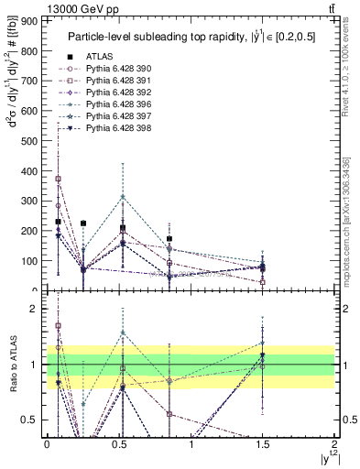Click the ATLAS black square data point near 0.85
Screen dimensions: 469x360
(x=169, y=239)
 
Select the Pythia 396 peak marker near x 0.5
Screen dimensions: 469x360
(x=123, y=197)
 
